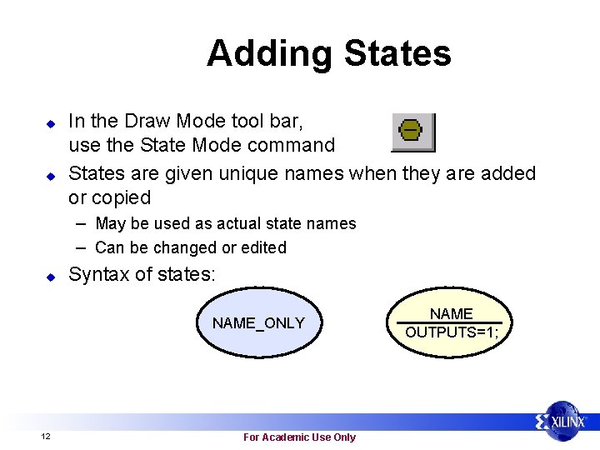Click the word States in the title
click(397, 53)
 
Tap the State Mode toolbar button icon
click(412, 132)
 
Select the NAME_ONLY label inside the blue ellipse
click(258, 323)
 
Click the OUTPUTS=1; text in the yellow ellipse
click(451, 332)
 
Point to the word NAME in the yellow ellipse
click(451, 314)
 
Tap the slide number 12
click(45, 437)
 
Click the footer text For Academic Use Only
click(299, 437)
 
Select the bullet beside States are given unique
click(50, 176)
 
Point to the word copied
click(121, 198)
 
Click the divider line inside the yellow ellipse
click(451, 322)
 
